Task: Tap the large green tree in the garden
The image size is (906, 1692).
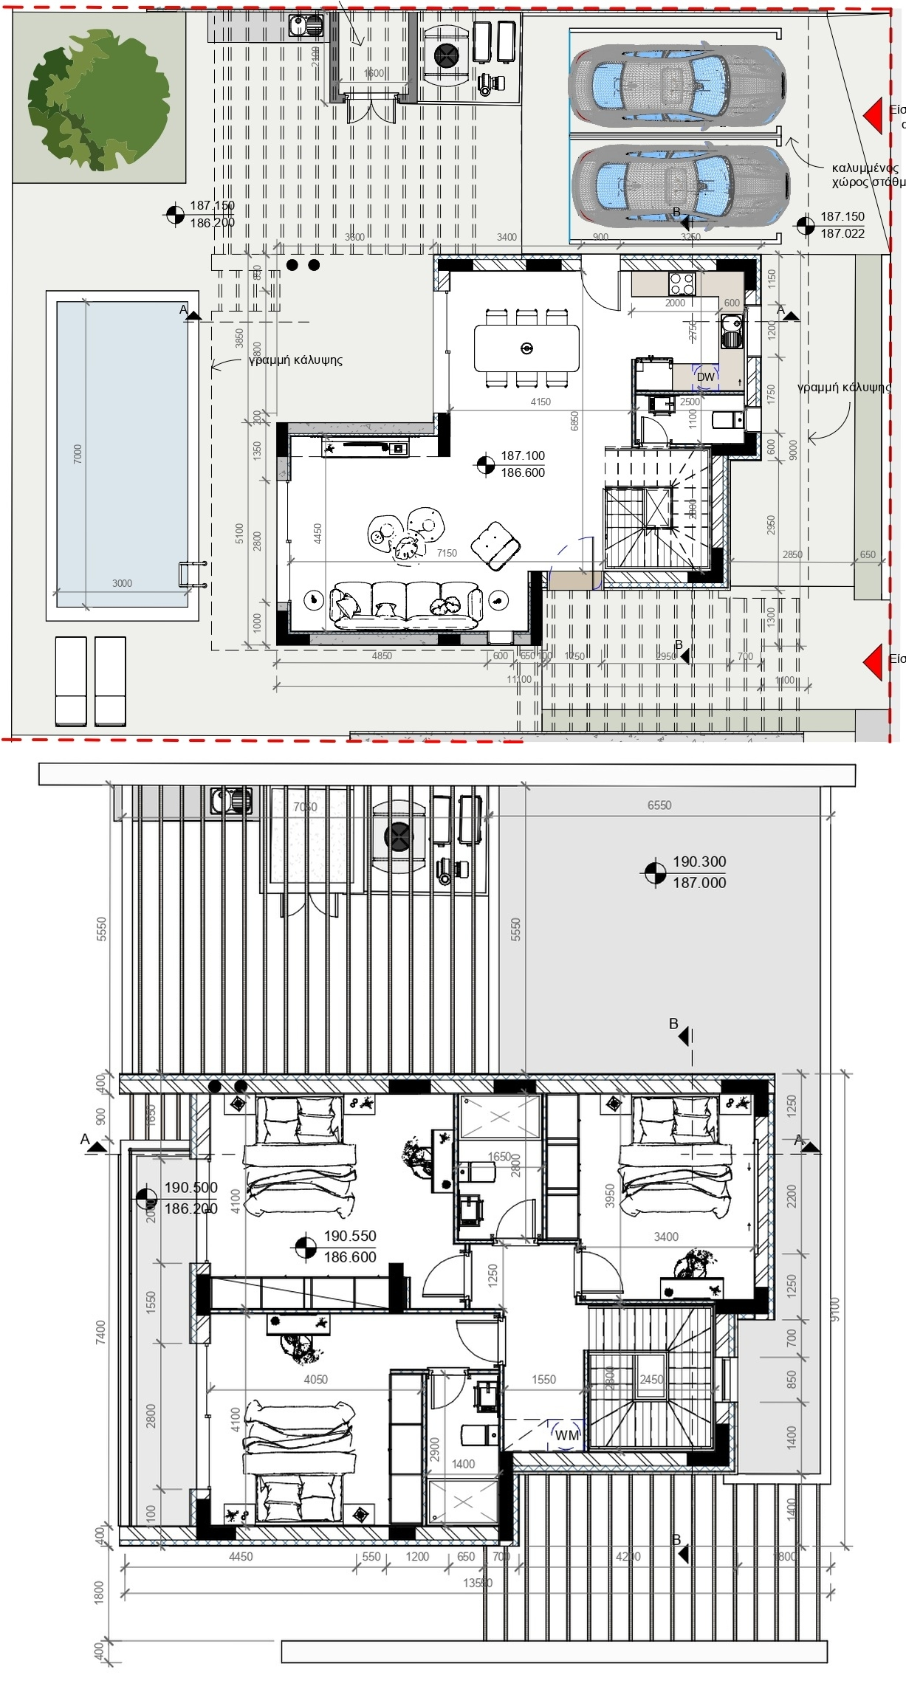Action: tap(97, 100)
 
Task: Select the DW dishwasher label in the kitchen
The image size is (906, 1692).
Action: tap(706, 377)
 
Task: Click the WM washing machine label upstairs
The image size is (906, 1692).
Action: tap(566, 1435)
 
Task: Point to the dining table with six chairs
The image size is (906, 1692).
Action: tap(526, 348)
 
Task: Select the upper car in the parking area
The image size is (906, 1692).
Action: tap(676, 82)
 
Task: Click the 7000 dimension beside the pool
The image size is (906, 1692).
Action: tap(78, 453)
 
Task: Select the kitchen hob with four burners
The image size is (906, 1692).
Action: tap(681, 283)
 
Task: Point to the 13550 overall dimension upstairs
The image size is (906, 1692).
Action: tap(477, 1583)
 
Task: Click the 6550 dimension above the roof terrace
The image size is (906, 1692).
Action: tap(659, 805)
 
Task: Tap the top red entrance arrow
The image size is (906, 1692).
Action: tap(874, 116)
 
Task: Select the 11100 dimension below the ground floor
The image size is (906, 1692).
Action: tap(519, 679)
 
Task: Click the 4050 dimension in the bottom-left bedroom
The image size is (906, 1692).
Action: tap(315, 1379)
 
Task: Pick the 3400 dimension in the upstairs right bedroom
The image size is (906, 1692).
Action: tap(666, 1237)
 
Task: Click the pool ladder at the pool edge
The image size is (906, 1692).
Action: tap(192, 574)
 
